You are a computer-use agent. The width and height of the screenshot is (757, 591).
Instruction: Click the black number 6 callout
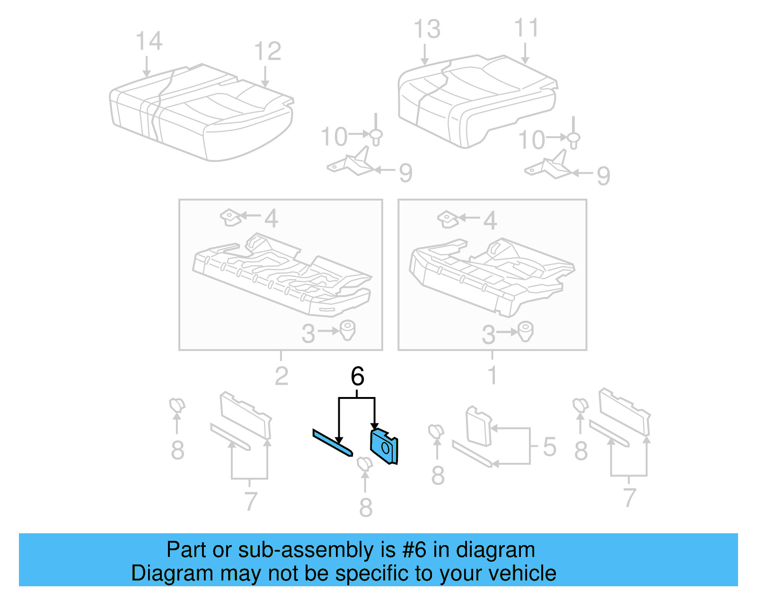tap(357, 377)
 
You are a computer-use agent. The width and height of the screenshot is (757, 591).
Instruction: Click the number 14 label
tap(149, 42)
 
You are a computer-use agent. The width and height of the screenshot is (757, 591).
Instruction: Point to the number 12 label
tap(267, 51)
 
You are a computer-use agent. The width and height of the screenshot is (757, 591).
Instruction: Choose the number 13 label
tap(427, 29)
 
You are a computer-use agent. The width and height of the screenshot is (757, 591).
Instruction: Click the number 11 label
tap(526, 28)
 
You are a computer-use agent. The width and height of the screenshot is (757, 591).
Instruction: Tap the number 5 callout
tap(549, 447)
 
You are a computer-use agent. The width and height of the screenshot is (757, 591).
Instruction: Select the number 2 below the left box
tap(281, 377)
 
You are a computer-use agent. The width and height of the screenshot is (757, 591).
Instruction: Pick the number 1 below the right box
tap(492, 376)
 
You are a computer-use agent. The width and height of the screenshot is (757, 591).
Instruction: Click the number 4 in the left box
tap(271, 219)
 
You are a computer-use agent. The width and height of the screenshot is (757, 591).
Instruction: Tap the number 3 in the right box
tap(488, 335)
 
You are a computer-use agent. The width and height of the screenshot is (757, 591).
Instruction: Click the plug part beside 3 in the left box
tap(348, 330)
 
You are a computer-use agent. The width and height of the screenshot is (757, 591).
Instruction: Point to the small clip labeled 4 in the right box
tap(447, 219)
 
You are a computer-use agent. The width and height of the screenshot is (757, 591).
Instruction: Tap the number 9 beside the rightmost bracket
tap(603, 176)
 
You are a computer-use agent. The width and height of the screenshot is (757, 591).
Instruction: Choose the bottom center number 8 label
tap(366, 508)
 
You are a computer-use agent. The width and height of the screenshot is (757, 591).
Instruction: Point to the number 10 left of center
tap(334, 137)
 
